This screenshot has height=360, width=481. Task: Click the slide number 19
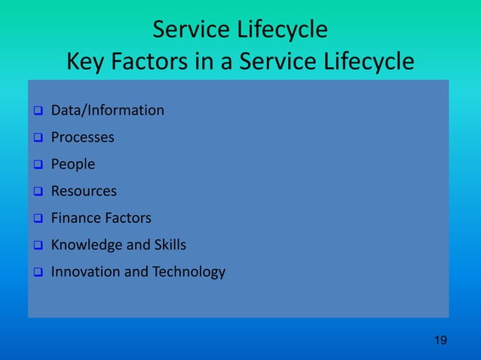tap(441, 341)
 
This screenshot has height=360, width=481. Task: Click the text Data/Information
tap(107, 111)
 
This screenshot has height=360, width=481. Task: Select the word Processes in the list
tap(83, 138)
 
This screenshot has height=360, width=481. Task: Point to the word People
tap(73, 164)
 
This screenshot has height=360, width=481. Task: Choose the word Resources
tap(84, 191)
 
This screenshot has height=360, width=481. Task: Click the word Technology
tap(188, 272)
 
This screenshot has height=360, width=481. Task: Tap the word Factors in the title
tap(165, 61)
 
